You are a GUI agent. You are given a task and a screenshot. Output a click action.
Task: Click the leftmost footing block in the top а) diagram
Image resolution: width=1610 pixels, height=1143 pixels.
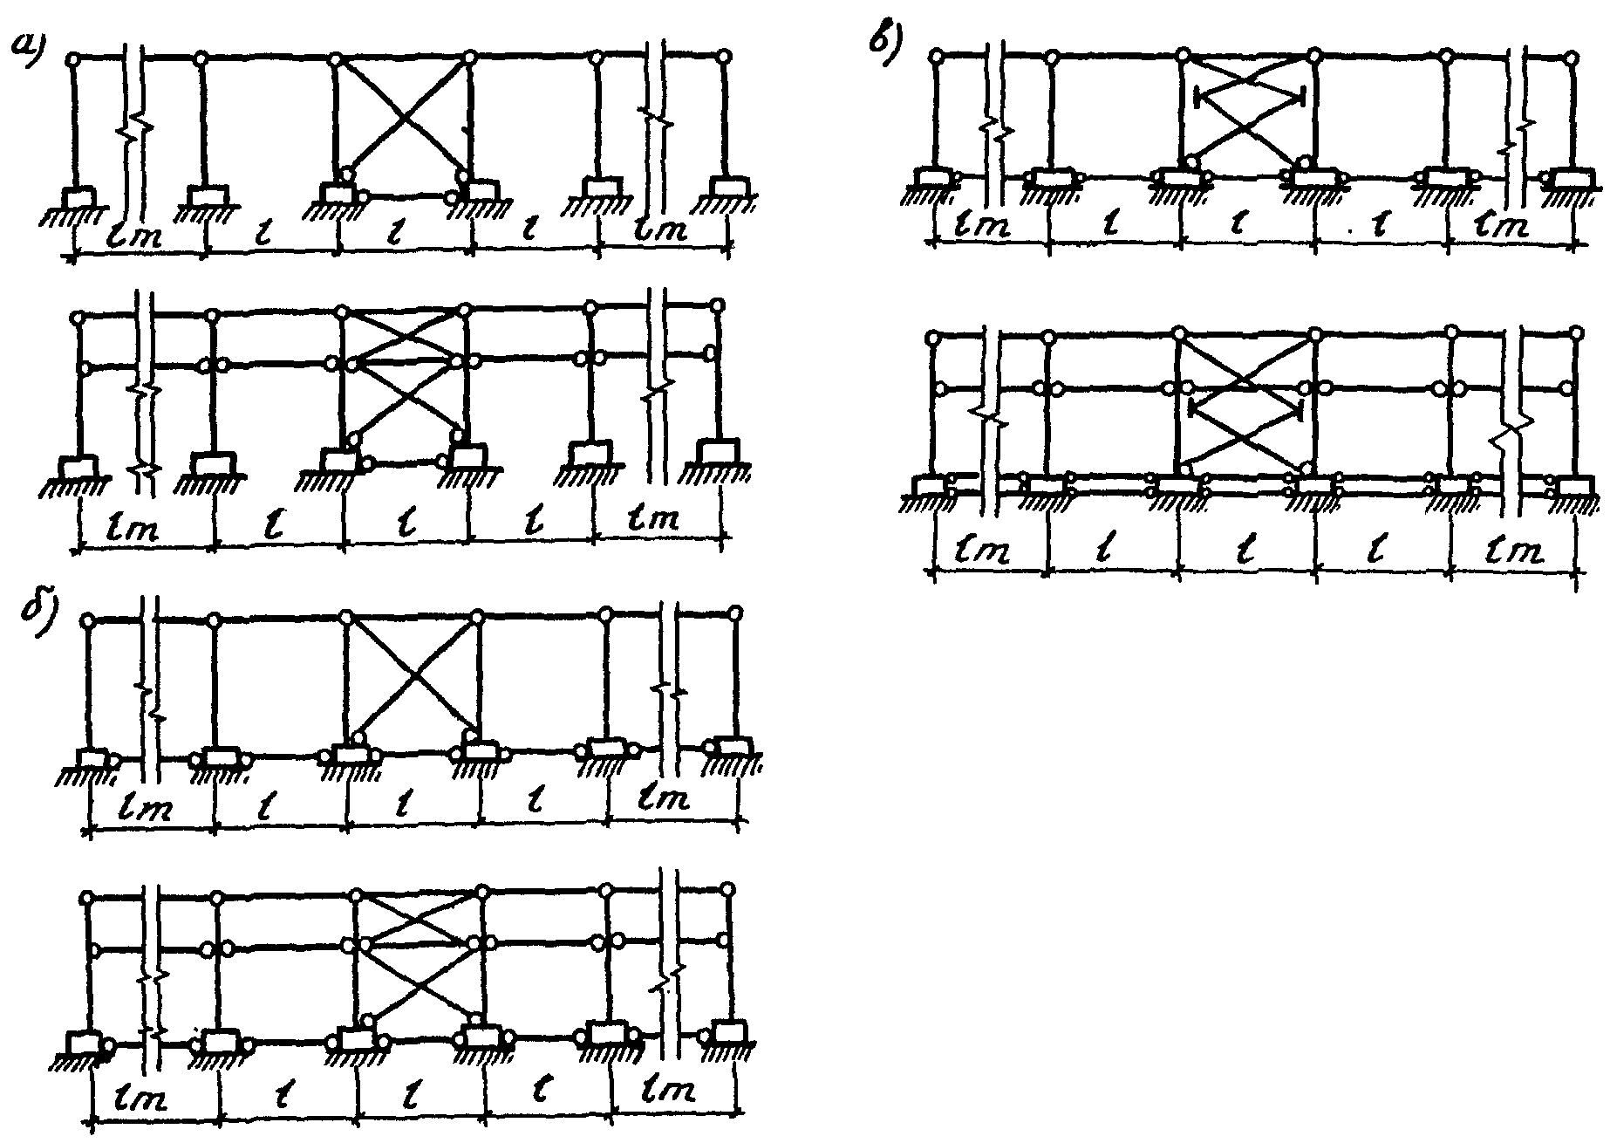pyautogui.click(x=80, y=197)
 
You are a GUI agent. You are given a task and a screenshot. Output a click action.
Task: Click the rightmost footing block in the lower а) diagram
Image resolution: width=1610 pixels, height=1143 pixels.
pyautogui.click(x=718, y=454)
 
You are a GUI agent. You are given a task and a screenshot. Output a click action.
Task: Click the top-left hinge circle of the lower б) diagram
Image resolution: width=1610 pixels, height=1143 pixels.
pyautogui.click(x=86, y=898)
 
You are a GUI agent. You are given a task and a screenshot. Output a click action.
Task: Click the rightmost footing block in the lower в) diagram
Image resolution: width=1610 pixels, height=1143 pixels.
pyautogui.click(x=1576, y=486)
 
